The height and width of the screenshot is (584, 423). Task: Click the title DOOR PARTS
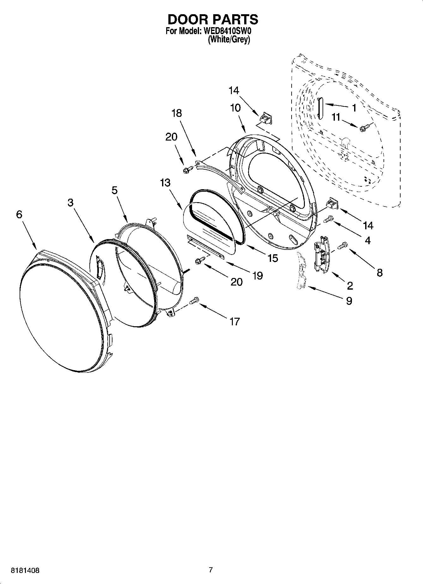tap(213, 20)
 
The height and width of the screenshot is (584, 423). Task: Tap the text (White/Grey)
tap(229, 40)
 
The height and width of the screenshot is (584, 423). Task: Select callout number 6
tap(19, 214)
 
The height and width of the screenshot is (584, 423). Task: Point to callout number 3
tap(70, 203)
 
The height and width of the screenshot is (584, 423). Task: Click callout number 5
tap(114, 190)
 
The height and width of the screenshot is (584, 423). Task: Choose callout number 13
tap(165, 183)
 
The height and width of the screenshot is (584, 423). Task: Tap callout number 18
tap(177, 113)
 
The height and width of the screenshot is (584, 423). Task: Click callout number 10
tap(235, 108)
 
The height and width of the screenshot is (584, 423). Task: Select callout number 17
tap(235, 322)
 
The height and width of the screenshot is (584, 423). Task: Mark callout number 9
tap(349, 301)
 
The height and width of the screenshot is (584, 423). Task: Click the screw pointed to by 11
tap(363, 127)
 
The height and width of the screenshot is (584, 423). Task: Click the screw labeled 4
tap(329, 219)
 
